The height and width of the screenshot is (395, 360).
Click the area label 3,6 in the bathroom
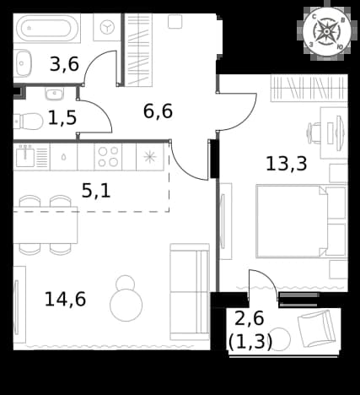pyautogui.click(x=64, y=64)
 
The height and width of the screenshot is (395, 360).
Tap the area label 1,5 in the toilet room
pyautogui.click(x=62, y=118)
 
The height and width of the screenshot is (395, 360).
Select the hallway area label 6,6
pyautogui.click(x=158, y=111)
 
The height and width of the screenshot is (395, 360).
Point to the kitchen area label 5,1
pyautogui.click(x=96, y=192)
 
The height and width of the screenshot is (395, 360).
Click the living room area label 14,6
pyautogui.click(x=65, y=299)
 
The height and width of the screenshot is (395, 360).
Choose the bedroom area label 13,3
pyautogui.click(x=287, y=164)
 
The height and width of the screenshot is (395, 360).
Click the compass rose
pyautogui.click(x=326, y=31)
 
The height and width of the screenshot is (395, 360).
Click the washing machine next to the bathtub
pyautogui.click(x=107, y=27)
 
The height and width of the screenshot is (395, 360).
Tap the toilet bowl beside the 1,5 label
pyautogui.click(x=29, y=122)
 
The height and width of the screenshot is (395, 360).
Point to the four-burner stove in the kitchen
pyautogui.click(x=108, y=157)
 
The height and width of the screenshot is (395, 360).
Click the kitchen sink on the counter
pyautogui.click(x=24, y=156)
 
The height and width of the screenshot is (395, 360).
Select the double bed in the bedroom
pyautogui.click(x=301, y=221)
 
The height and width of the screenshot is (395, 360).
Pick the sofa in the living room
pyautogui.click(x=190, y=292)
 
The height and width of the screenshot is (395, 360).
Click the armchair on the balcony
pyautogui.click(x=316, y=328)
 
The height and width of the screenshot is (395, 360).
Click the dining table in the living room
pyautogui.click(x=46, y=225)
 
